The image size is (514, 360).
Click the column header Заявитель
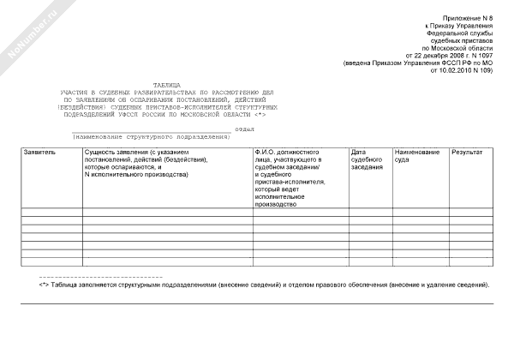tap(39, 153)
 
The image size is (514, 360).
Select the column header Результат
tap(467, 153)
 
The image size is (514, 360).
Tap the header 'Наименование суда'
tap(417, 156)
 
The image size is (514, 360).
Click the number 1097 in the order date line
tap(479, 56)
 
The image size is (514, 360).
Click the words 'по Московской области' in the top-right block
tap(459, 49)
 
